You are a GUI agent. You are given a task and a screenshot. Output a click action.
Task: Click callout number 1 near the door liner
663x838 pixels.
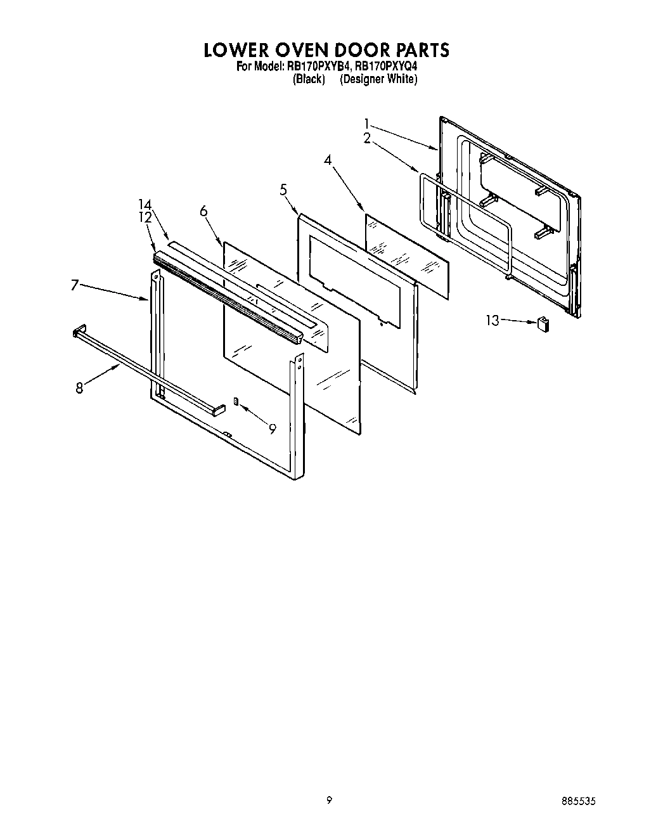366,124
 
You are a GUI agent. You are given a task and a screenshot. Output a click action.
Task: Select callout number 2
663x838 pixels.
367,139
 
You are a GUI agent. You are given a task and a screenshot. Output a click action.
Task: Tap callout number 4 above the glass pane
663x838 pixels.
328,160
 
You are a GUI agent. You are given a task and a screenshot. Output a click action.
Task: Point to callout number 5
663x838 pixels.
283,189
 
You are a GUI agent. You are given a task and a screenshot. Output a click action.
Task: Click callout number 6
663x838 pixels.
203,211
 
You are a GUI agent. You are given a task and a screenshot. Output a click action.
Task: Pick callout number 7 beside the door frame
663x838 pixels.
74,286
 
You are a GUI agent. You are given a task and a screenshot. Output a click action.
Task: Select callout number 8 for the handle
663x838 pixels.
79,388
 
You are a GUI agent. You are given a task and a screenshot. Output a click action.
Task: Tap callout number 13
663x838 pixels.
493,320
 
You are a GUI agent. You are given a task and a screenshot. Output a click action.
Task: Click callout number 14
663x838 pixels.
145,204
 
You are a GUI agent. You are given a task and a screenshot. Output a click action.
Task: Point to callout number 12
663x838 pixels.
145,217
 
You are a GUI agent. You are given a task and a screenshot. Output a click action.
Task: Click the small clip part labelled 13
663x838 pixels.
543,324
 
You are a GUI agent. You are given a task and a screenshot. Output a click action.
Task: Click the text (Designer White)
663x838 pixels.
378,79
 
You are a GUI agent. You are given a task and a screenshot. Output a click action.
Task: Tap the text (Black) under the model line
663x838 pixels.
309,79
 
